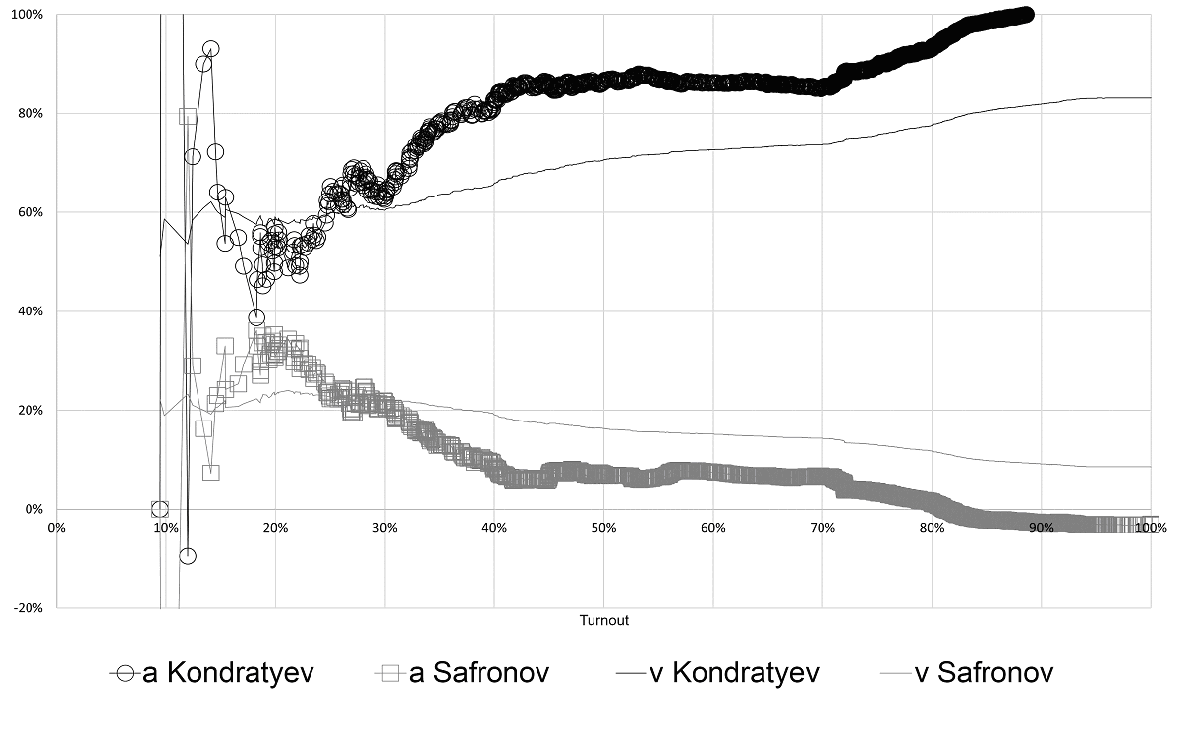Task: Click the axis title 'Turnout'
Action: point(603,621)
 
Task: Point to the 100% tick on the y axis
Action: point(27,15)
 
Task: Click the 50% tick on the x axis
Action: point(603,528)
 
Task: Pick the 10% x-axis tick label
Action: point(166,528)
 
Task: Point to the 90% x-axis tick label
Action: point(1041,528)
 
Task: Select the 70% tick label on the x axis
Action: point(822,528)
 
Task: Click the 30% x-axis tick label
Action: point(385,528)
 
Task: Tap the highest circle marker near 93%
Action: point(210,48)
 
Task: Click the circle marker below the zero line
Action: point(187,556)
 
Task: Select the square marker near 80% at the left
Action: point(188,115)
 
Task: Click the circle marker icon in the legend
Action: point(124,673)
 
